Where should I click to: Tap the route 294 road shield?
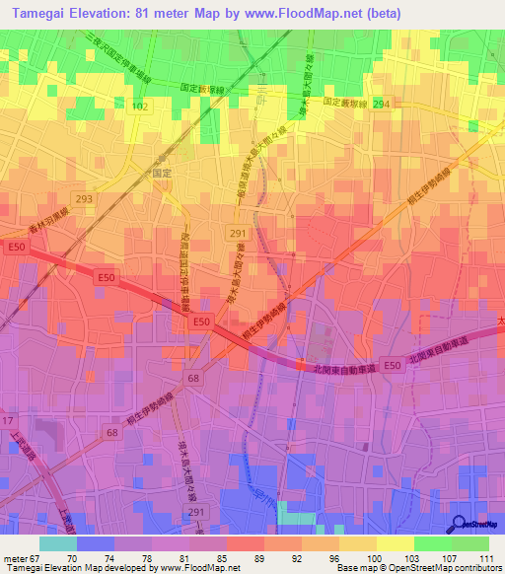click(381, 103)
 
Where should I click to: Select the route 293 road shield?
click(84, 198)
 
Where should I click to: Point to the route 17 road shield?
click(9, 420)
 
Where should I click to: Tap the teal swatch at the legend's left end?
click(58, 543)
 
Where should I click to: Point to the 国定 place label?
click(163, 172)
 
